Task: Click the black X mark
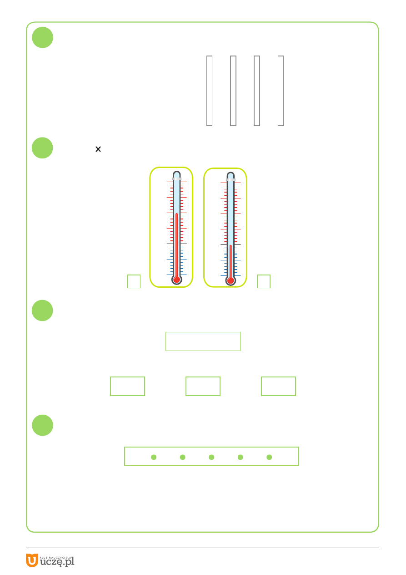coord(98,149)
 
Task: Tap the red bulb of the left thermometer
coord(176,280)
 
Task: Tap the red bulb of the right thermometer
coord(231,280)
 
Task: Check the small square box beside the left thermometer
coord(134,281)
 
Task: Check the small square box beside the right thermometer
coord(264,281)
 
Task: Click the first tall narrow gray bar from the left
coord(210,91)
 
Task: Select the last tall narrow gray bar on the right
coord(281,91)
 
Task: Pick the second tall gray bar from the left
coord(233,91)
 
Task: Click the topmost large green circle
coord(43,37)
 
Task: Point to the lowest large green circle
coord(43,425)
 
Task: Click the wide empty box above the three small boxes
coord(203,341)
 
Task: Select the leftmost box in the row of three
coord(128,387)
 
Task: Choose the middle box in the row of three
coord(203,387)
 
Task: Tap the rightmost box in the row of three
coord(279,387)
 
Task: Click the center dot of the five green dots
coord(211,457)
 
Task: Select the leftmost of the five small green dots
coord(154,457)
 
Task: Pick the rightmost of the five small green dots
coord(269,457)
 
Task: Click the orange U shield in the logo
coord(32,560)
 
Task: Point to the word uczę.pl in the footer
coord(57,562)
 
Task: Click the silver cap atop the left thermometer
coord(176,179)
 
